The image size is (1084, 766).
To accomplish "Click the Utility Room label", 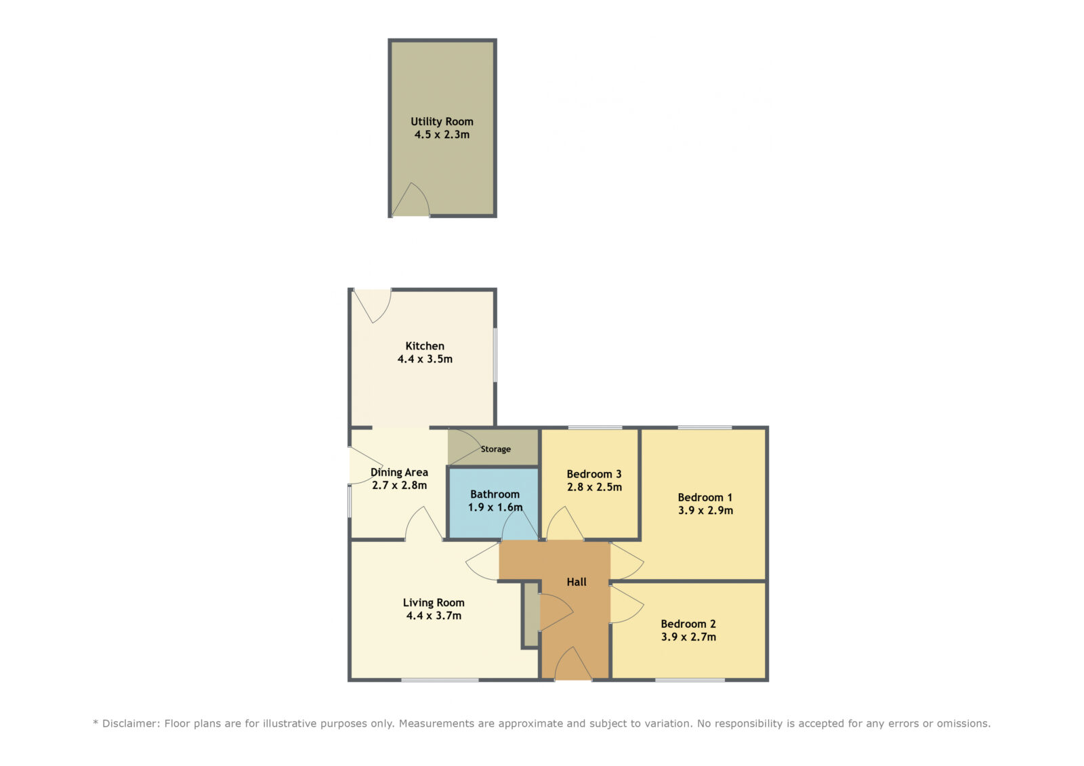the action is click(x=442, y=121).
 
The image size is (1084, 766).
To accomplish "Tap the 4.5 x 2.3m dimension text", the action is click(x=442, y=135).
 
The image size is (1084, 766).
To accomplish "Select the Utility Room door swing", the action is click(x=411, y=199).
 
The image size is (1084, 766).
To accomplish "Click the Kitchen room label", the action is click(x=424, y=346).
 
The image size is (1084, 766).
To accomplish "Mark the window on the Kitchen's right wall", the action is click(x=495, y=355).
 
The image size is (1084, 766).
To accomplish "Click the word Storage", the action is click(x=495, y=449).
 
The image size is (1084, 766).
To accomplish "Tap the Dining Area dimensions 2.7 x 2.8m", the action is click(x=399, y=486).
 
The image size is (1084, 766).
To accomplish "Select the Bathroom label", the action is click(x=495, y=494).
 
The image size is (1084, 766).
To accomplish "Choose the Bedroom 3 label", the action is click(x=593, y=473).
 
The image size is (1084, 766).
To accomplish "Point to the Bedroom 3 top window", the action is click(x=595, y=428).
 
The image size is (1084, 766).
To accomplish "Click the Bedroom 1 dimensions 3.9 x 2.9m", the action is click(x=705, y=510).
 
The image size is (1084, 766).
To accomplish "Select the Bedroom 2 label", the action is click(x=688, y=624).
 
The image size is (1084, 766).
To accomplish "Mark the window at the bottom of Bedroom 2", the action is click(x=690, y=681).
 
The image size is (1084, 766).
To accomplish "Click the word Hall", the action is click(x=577, y=582).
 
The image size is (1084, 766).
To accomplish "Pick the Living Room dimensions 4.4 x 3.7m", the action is click(x=434, y=616).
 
